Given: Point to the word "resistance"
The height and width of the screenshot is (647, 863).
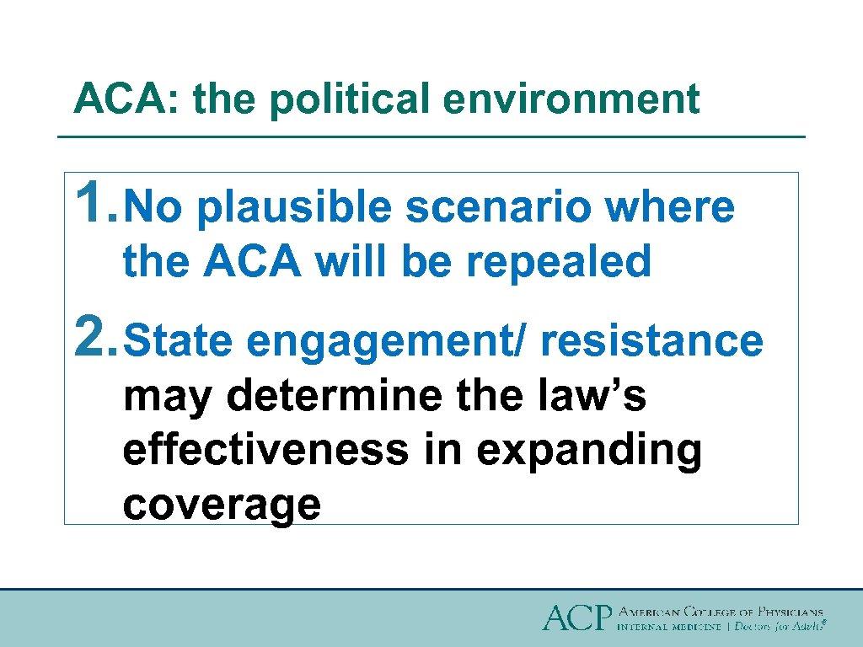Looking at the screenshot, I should coord(651,341).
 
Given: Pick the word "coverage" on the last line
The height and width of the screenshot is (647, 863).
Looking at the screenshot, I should coord(222,504).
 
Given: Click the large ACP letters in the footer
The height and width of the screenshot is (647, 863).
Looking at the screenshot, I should coord(576,618).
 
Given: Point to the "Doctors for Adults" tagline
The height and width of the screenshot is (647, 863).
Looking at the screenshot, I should coord(778,627).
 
